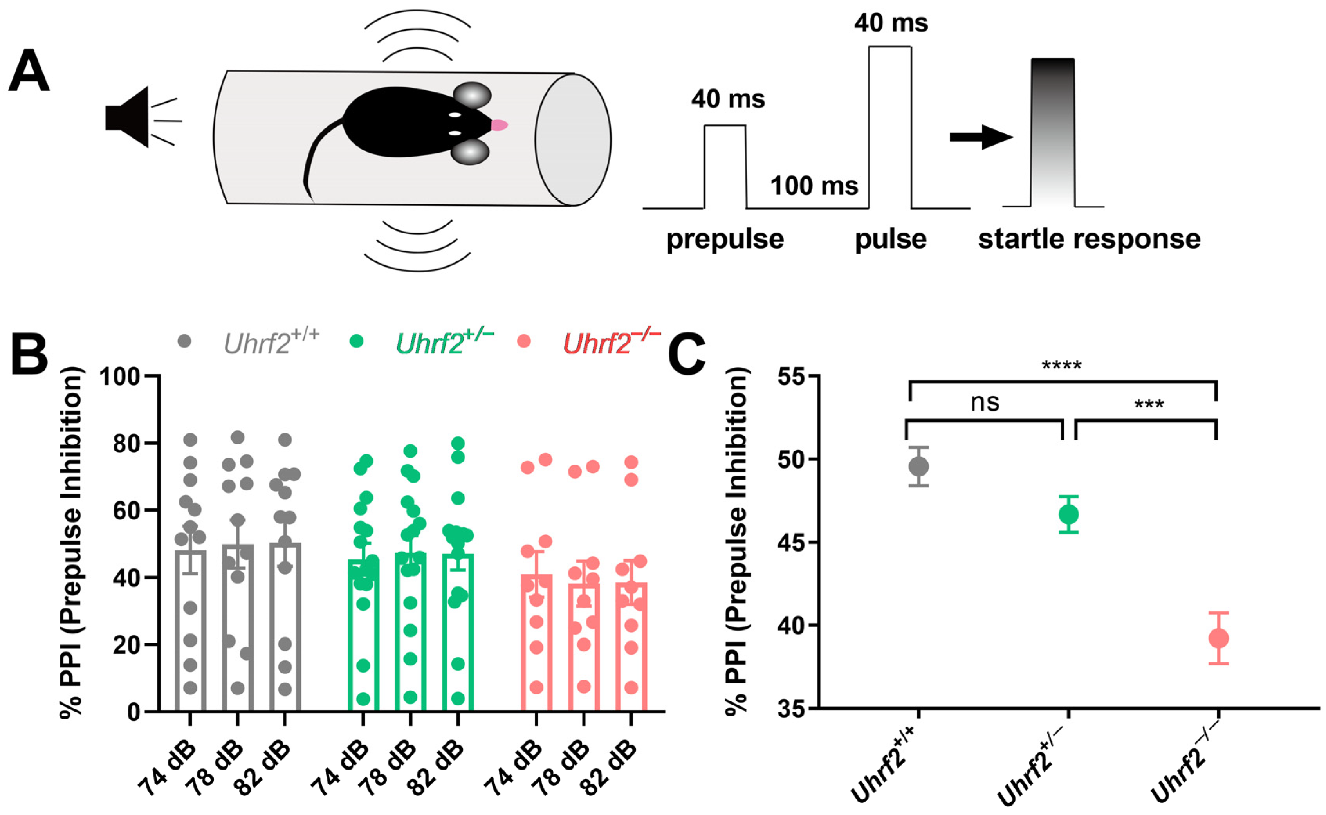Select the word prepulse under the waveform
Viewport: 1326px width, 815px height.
pos(725,239)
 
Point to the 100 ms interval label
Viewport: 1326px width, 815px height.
pos(814,186)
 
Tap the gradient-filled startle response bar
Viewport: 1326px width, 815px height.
pos(1052,132)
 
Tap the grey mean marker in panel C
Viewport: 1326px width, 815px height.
pos(918,467)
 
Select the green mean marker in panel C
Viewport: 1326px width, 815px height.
pos(1068,515)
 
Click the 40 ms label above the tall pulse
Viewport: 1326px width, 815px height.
pos(891,23)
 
